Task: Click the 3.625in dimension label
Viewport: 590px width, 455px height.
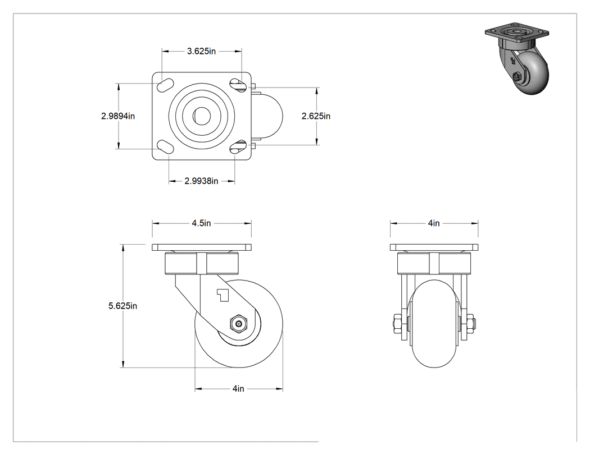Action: tap(201, 51)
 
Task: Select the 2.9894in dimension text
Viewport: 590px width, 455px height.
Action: tap(118, 116)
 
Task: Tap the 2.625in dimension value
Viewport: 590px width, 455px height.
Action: tap(316, 116)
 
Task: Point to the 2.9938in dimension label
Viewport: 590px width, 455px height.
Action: tap(201, 181)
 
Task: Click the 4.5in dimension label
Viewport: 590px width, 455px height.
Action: tap(201, 223)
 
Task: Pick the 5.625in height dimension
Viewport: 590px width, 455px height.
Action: tap(122, 306)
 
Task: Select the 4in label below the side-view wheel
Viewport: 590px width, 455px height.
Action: tap(238, 388)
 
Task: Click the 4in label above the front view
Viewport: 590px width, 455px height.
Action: tap(433, 223)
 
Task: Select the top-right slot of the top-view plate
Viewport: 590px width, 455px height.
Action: tap(238, 85)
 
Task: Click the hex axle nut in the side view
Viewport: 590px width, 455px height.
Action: tap(238, 323)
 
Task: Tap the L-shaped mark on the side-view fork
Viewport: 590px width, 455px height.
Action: tap(223, 295)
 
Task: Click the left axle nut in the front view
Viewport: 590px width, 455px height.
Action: tap(397, 324)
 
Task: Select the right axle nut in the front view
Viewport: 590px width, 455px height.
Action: tap(471, 324)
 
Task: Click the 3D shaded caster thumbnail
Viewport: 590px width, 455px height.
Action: tap(517, 60)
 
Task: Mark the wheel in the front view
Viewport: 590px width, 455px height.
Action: tap(434, 324)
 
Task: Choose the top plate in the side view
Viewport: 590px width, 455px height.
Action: tap(202, 247)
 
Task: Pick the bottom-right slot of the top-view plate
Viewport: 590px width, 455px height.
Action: tap(238, 147)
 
